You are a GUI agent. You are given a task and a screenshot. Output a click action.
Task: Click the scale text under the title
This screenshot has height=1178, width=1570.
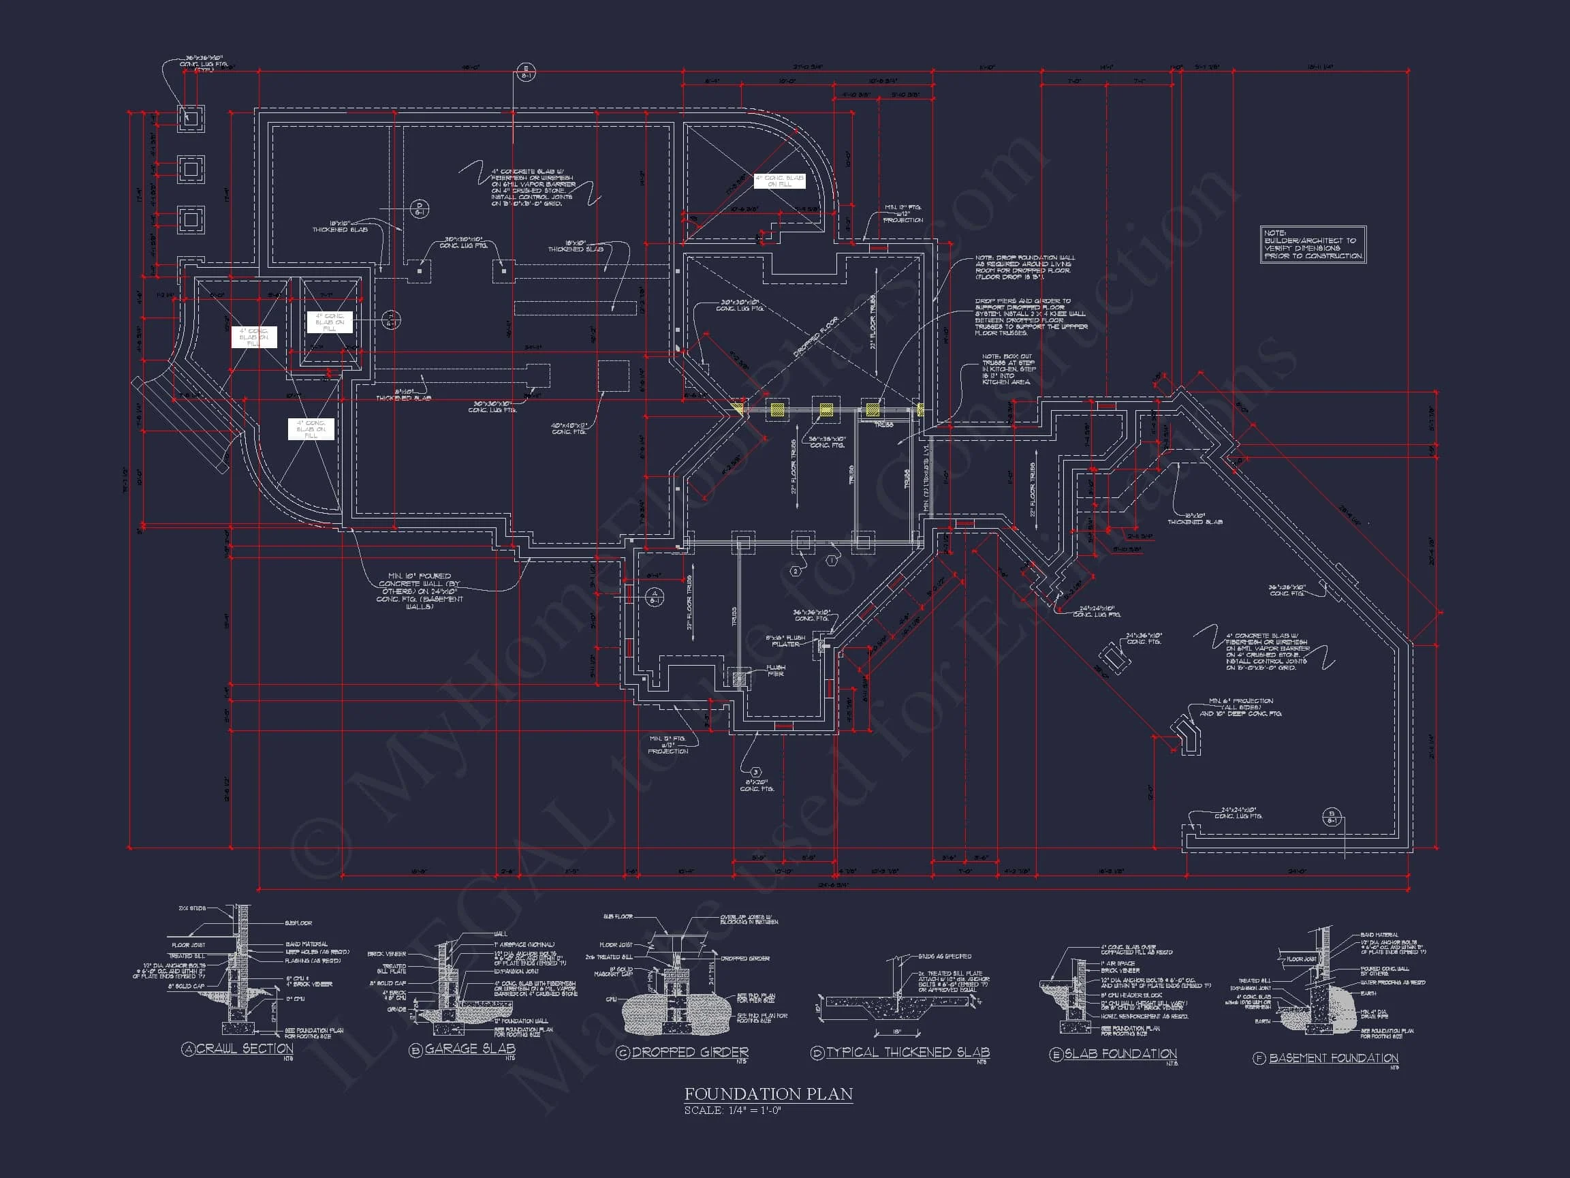pyautogui.click(x=732, y=1111)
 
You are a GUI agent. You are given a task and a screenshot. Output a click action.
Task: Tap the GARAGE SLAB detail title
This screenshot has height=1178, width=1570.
pyautogui.click(x=470, y=1049)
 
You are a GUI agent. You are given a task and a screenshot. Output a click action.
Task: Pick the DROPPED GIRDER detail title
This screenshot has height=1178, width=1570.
pyautogui.click(x=689, y=1053)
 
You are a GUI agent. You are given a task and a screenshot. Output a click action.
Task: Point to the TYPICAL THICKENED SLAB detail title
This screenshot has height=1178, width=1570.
pyautogui.click(x=908, y=1053)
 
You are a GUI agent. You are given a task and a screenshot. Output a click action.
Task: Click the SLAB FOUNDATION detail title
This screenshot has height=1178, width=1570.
pyautogui.click(x=1120, y=1054)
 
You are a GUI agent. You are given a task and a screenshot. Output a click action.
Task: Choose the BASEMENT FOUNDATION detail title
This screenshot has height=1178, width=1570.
pyautogui.click(x=1333, y=1058)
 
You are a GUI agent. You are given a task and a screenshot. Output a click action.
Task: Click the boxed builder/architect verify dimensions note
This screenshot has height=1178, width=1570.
pyautogui.click(x=1313, y=245)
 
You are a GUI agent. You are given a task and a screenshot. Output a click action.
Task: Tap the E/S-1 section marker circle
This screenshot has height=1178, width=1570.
pyautogui.click(x=526, y=72)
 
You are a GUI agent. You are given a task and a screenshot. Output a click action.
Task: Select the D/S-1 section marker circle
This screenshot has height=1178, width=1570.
pyautogui.click(x=420, y=208)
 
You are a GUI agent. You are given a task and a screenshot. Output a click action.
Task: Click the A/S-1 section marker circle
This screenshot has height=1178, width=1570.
pyautogui.click(x=655, y=596)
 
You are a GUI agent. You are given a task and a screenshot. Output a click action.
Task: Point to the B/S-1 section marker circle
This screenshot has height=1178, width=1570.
pyautogui.click(x=1332, y=818)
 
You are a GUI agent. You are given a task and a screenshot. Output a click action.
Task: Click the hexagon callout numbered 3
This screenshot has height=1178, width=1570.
pyautogui.click(x=756, y=772)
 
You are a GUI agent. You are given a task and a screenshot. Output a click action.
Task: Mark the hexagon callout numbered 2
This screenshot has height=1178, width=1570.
pyautogui.click(x=796, y=571)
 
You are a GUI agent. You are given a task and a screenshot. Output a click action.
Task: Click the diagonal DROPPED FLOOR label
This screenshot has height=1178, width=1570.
pyautogui.click(x=815, y=337)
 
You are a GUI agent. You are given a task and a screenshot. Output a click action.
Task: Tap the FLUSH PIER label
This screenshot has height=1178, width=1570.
pyautogui.click(x=776, y=670)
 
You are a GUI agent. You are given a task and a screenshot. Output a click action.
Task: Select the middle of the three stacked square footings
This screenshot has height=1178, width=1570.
pyautogui.click(x=190, y=169)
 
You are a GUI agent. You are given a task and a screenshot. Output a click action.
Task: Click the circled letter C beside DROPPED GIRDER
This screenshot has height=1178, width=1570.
pyautogui.click(x=623, y=1053)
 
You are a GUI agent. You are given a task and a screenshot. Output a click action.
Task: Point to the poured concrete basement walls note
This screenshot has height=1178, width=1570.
pyautogui.click(x=420, y=591)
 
